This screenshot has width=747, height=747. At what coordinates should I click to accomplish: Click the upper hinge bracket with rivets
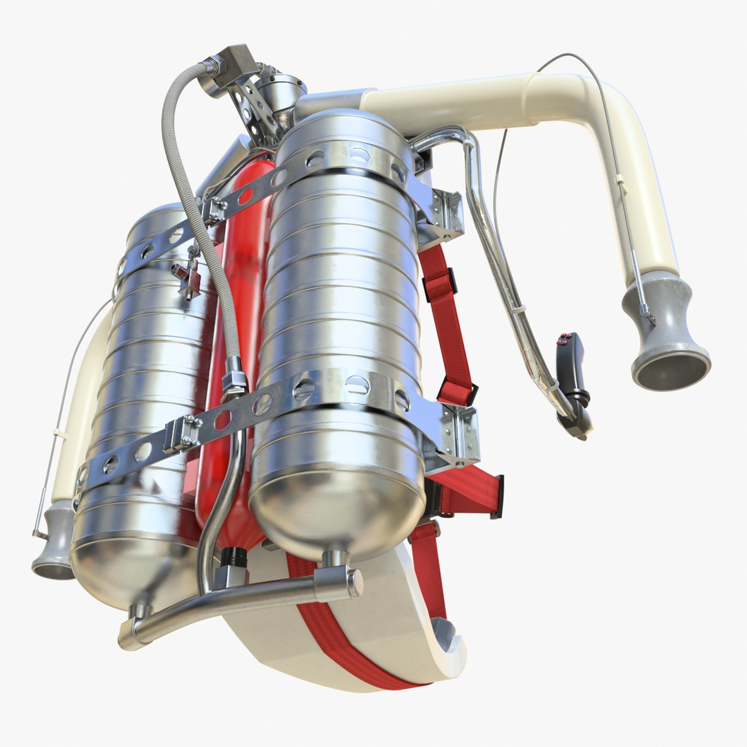tap(443, 214)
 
